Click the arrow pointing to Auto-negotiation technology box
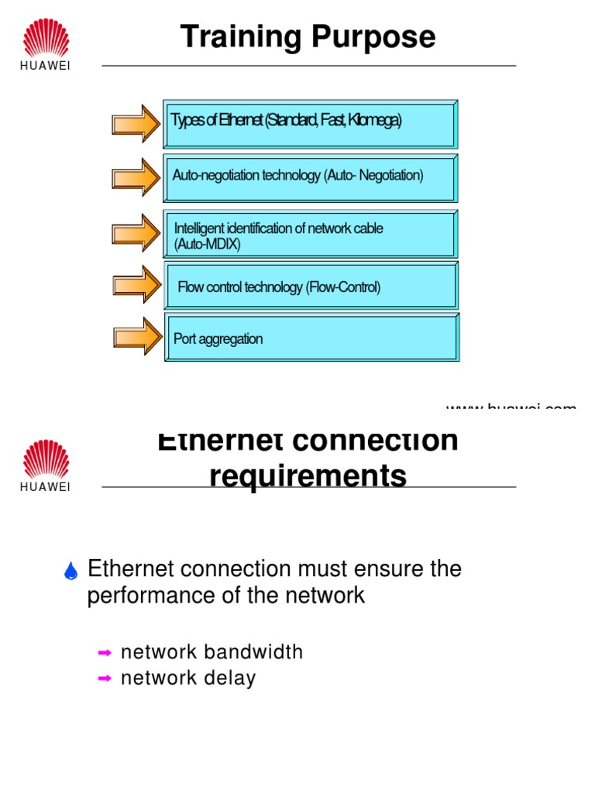pyautogui.click(x=136, y=177)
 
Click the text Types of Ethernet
pyautogui.click(x=217, y=122)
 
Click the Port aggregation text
pyautogui.click(x=218, y=339)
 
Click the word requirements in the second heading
pyautogui.click(x=308, y=475)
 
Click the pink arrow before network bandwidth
pyautogui.click(x=105, y=653)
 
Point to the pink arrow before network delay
pyautogui.click(x=105, y=679)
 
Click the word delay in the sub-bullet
pyautogui.click(x=230, y=679)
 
